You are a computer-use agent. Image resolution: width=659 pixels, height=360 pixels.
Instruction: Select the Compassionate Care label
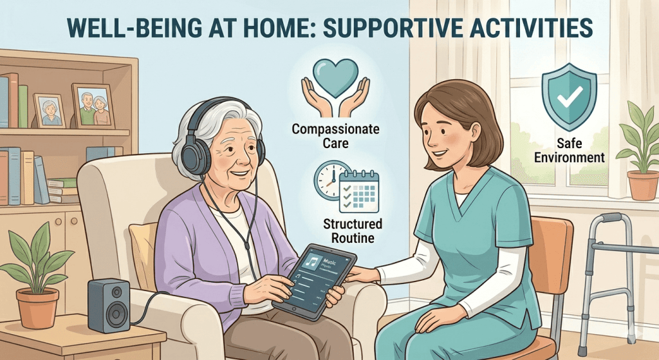[x=335, y=136]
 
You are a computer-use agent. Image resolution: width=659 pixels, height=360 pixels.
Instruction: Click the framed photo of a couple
[x=93, y=107]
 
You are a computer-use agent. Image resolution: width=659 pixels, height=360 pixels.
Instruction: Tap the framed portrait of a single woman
[x=50, y=111]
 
